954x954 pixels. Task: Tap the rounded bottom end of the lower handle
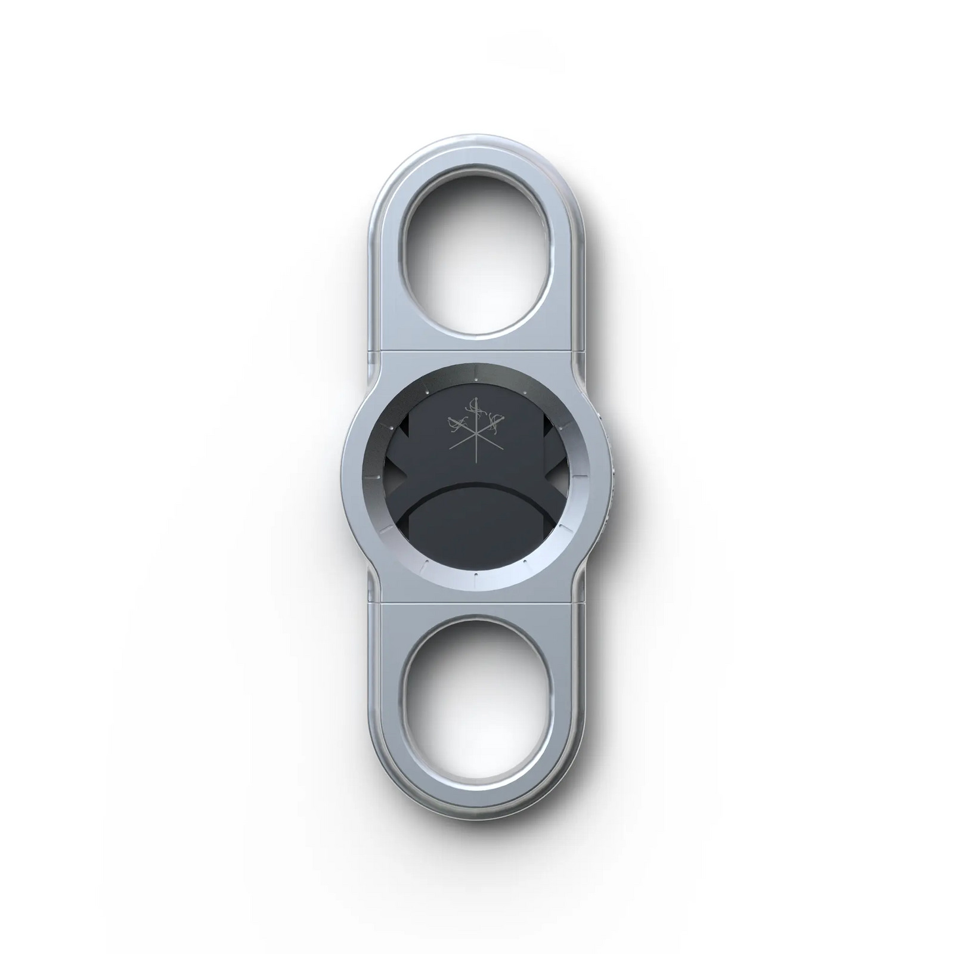476,806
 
